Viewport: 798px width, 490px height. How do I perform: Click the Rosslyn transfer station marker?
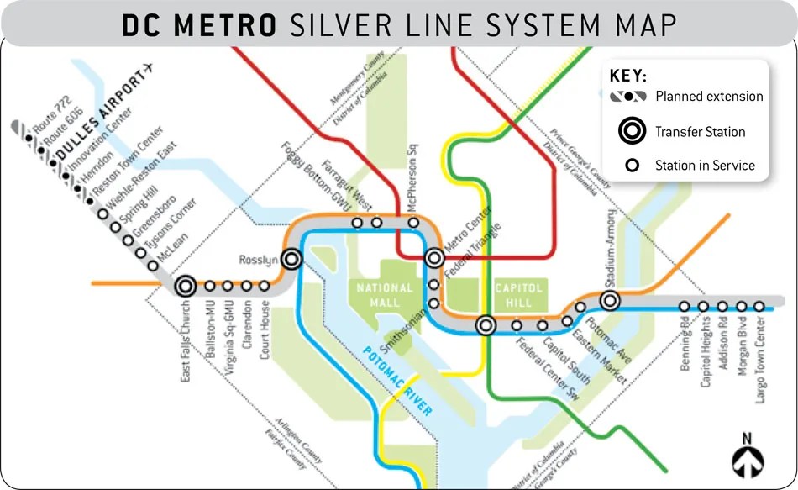(x=292, y=259)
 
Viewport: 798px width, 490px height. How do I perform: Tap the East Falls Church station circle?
(x=186, y=287)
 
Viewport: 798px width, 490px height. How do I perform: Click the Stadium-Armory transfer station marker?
(x=610, y=300)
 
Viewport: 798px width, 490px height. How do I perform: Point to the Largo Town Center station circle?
(x=759, y=307)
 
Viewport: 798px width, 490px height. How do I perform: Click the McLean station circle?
(x=153, y=266)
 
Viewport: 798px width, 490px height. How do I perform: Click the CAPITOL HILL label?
(x=519, y=294)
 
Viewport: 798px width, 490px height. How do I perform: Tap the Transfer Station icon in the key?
(x=631, y=131)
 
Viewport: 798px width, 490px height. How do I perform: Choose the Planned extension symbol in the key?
(x=628, y=96)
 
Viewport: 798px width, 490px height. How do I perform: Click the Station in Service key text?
(x=705, y=166)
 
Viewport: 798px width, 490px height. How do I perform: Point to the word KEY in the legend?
(x=627, y=76)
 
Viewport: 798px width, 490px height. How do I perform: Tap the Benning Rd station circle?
(x=685, y=307)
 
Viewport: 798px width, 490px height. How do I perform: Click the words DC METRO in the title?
(x=199, y=25)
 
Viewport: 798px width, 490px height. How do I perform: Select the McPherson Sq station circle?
(x=413, y=223)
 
